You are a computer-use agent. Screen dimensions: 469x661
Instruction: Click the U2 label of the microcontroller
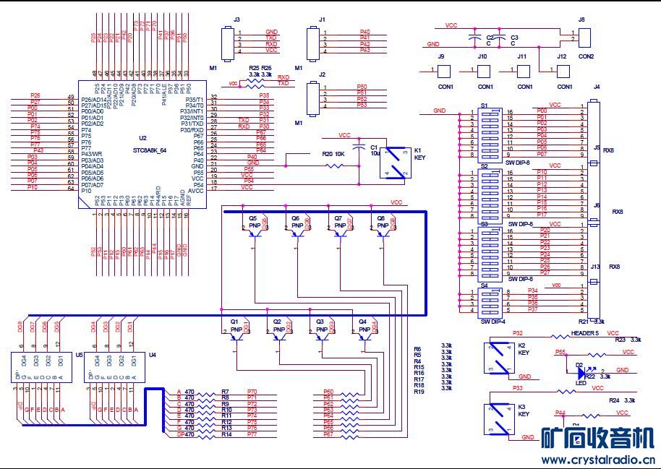pyautogui.click(x=142, y=137)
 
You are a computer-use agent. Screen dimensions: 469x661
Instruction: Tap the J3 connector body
pyautogui.click(x=229, y=40)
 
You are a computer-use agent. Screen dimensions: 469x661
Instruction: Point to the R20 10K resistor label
pyautogui.click(x=333, y=154)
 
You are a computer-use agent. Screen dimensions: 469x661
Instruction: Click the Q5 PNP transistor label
pyautogui.click(x=252, y=218)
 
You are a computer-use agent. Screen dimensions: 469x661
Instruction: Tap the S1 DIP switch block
pyautogui.click(x=490, y=133)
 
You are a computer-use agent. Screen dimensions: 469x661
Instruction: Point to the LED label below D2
pyautogui.click(x=581, y=382)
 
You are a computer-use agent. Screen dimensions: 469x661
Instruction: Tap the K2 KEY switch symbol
pyautogui.click(x=498, y=358)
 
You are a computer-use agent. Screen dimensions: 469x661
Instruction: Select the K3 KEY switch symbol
pyautogui.click(x=498, y=418)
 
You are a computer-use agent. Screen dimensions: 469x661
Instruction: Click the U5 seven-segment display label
pyautogui.click(x=79, y=354)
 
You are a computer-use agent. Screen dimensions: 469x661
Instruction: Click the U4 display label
pyautogui.click(x=152, y=354)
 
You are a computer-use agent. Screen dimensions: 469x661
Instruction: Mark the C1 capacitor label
pyautogui.click(x=374, y=147)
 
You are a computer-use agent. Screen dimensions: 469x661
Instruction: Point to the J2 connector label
pyautogui.click(x=322, y=74)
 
